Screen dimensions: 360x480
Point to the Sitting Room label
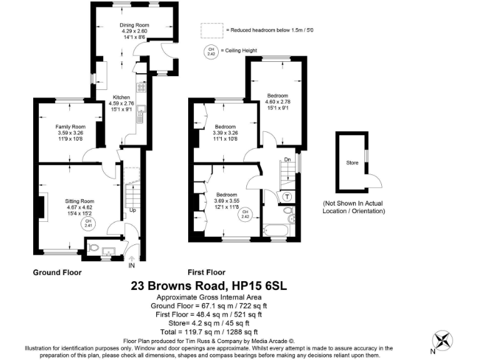point(79,201)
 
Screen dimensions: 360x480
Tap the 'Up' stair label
point(132,210)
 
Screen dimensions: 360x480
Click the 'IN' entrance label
point(131,265)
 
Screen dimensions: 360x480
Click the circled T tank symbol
point(287,196)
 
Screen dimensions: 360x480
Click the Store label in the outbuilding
point(352,163)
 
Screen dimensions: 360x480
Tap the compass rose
point(445,339)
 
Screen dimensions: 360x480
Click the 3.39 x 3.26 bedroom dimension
point(226,132)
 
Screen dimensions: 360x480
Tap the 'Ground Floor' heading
point(57,272)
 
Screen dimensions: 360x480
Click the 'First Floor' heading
point(206,272)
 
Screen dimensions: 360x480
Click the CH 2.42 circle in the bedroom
point(246,214)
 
